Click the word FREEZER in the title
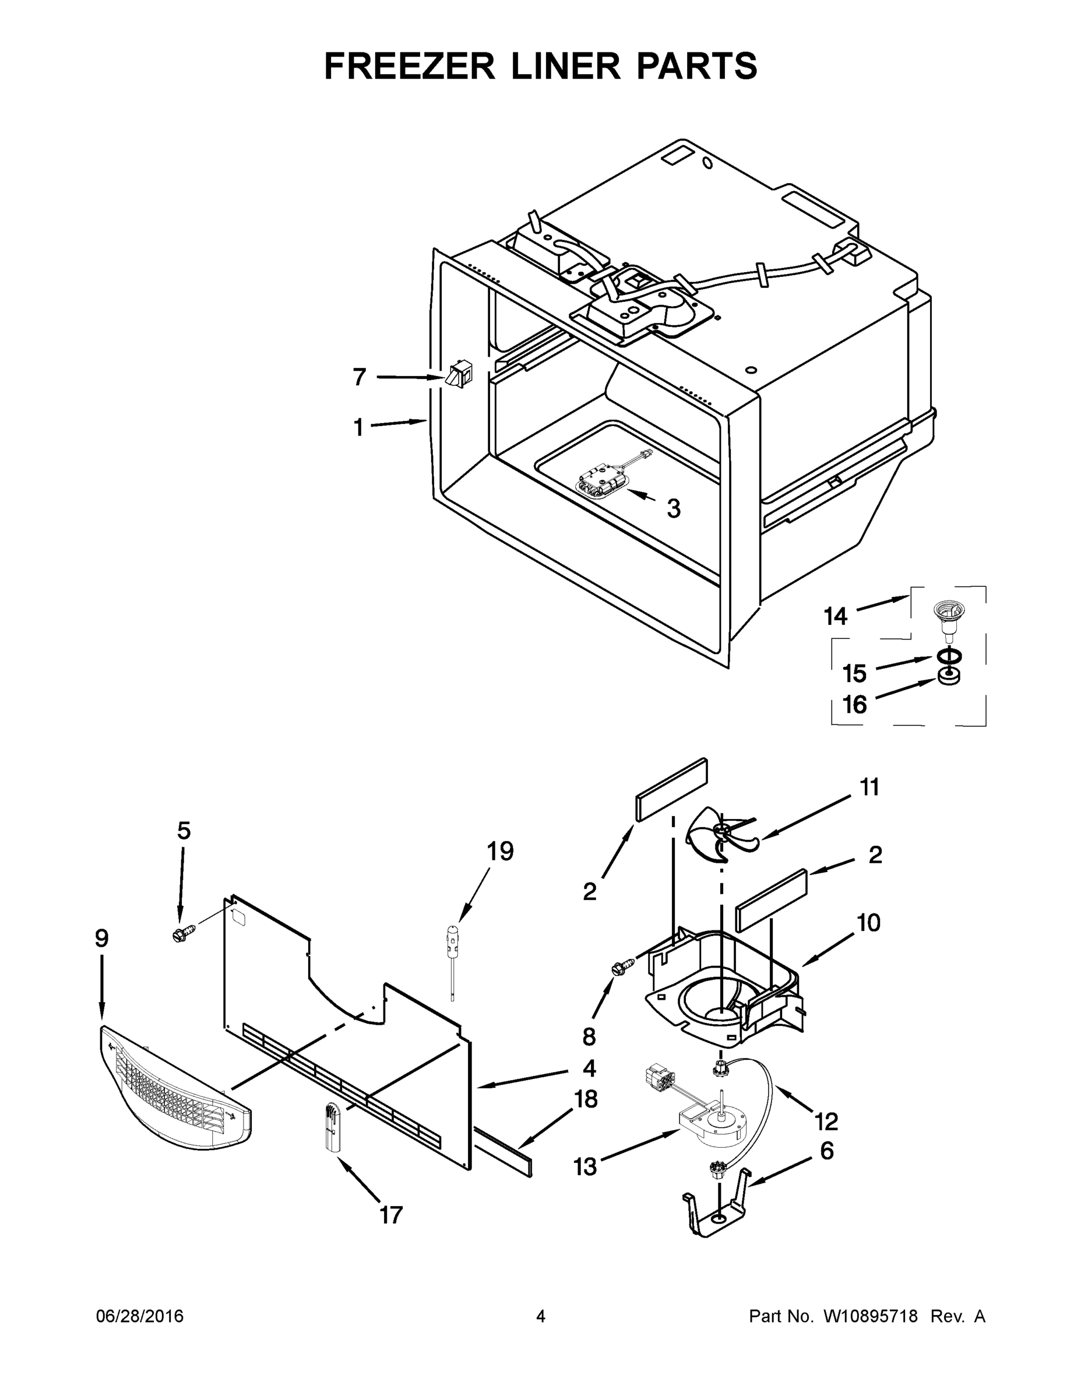(409, 66)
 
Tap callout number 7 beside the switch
(360, 377)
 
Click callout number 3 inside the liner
(673, 509)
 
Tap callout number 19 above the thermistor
(499, 853)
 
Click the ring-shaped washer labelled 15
(950, 656)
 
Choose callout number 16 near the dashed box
(854, 705)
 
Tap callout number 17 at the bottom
(390, 1215)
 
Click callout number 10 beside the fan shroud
(868, 923)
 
